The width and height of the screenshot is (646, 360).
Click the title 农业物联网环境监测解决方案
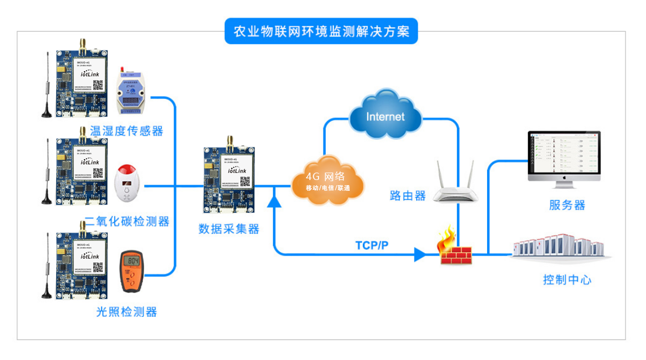point(321,31)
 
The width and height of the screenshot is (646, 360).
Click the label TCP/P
point(372,245)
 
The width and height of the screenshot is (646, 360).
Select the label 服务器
point(567,205)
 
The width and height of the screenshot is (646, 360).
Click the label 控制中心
point(567,279)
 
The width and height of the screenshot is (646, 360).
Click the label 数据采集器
point(229,229)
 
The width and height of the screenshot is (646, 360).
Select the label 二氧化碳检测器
point(127,221)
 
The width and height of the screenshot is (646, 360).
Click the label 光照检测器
point(127,312)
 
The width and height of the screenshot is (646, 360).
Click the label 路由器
point(408,196)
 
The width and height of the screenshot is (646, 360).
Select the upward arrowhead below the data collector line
point(274,200)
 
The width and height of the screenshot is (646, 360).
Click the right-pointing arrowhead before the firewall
point(420,254)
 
